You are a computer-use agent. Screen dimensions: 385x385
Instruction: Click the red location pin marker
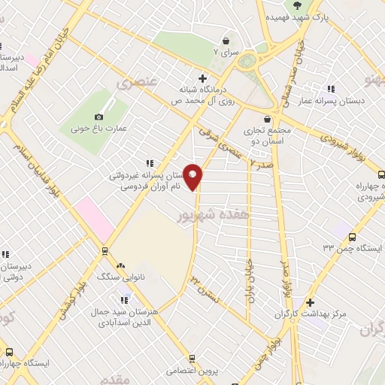193,177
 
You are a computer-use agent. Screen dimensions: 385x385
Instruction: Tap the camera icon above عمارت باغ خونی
99,117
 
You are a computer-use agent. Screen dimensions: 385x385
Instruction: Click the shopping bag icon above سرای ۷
226,41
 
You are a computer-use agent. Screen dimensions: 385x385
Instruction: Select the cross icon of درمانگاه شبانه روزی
202,77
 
